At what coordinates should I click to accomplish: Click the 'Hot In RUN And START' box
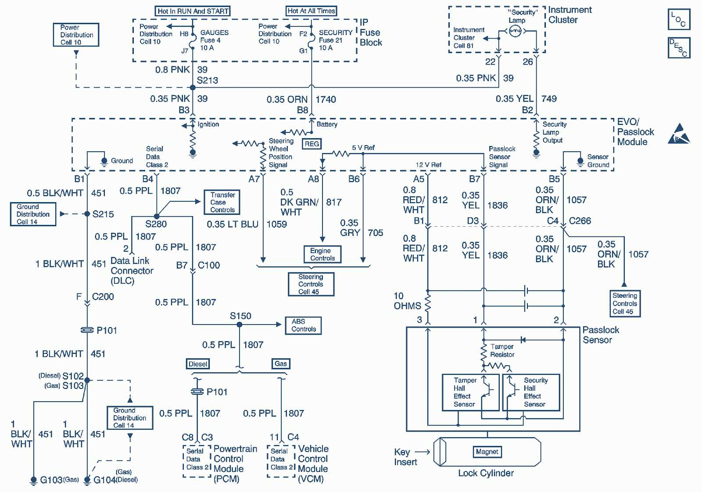point(193,11)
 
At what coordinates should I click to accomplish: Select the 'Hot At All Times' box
point(311,11)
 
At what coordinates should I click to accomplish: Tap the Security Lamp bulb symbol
point(515,31)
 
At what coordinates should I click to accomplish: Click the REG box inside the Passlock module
point(312,144)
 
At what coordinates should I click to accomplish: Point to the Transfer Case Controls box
point(222,202)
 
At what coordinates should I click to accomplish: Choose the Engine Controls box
point(322,254)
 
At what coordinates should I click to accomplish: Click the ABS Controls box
point(303,325)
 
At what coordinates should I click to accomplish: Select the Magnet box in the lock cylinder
point(487,452)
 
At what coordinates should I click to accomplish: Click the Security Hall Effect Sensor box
point(532,392)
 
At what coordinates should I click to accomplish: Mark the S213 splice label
point(208,81)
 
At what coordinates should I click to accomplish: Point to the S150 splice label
point(240,316)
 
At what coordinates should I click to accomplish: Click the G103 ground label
point(51,480)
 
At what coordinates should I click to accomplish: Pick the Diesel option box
point(198,364)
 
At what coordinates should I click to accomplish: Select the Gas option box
point(281,364)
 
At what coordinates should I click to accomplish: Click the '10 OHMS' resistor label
point(407,301)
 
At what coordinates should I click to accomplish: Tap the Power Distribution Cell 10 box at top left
point(76,35)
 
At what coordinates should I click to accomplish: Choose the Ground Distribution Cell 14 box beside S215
point(33,214)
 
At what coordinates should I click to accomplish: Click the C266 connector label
point(580,221)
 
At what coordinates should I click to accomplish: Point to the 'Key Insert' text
point(405,457)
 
